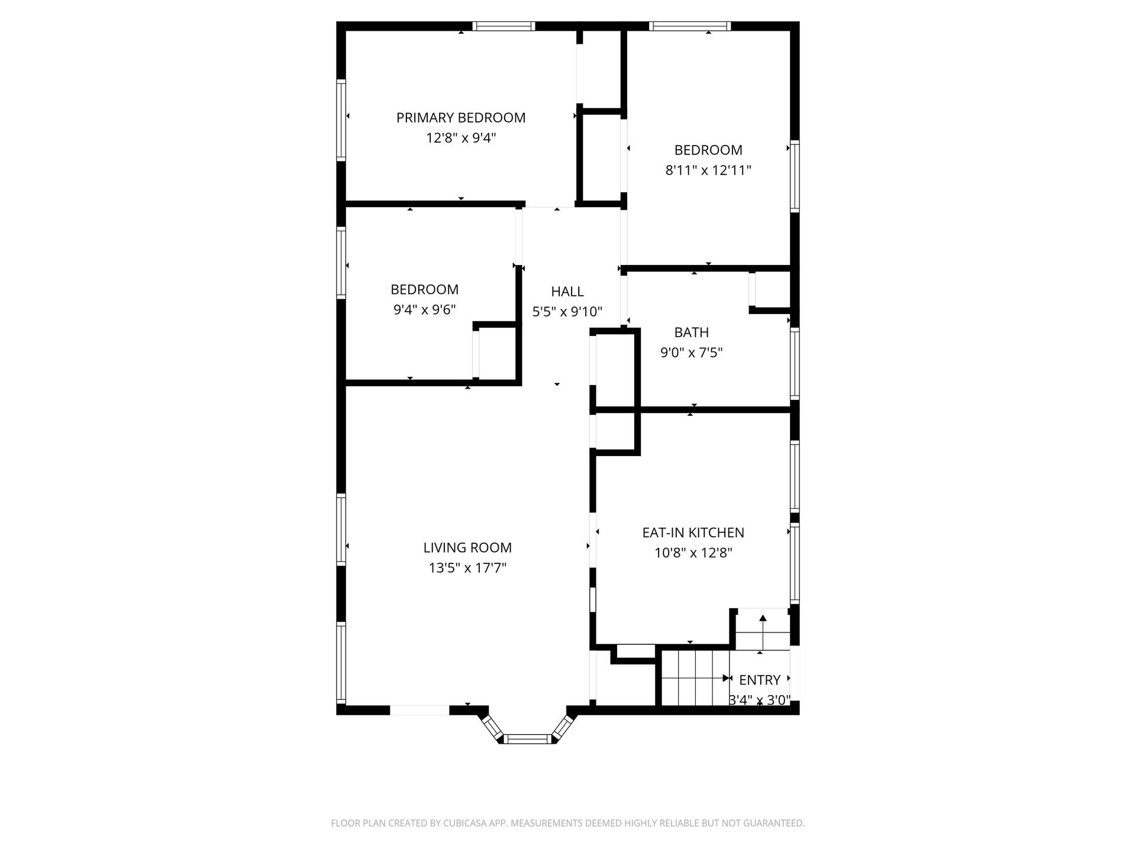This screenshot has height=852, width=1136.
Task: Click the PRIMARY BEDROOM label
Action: tap(461, 118)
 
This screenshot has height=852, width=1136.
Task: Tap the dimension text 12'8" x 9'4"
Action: tap(461, 138)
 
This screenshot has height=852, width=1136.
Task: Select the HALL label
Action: tap(567, 291)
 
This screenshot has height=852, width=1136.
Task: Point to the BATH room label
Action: tap(692, 333)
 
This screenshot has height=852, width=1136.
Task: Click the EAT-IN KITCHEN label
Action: tap(693, 532)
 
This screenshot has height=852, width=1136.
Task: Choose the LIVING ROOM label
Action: tap(467, 548)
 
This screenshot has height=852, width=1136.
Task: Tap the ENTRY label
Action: tap(760, 680)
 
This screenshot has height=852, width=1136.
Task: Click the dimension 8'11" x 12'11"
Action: tap(708, 170)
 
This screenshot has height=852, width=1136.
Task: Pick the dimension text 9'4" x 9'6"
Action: tap(425, 309)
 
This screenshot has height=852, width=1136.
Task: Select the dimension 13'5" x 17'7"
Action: tap(467, 568)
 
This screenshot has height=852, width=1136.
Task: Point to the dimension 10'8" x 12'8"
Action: tap(693, 553)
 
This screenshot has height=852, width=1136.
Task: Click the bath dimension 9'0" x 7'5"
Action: tap(692, 353)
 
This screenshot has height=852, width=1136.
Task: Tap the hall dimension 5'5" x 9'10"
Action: tap(567, 312)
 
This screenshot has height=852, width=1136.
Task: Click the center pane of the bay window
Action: tap(527, 738)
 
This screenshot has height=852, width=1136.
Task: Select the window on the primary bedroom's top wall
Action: tap(504, 26)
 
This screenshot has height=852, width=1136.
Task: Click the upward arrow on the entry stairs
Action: tap(763, 632)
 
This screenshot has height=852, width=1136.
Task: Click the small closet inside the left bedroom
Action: tap(497, 353)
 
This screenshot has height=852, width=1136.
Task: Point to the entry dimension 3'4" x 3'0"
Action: tap(760, 701)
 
